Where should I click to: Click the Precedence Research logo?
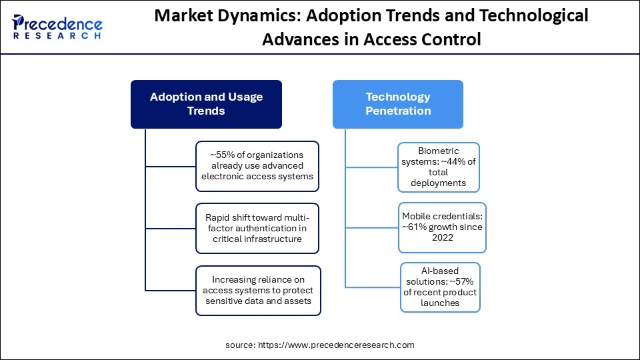tap(57, 27)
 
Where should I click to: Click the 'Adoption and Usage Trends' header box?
tap(206, 104)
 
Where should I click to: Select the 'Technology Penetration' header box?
tap(398, 104)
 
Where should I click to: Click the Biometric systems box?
tap(439, 167)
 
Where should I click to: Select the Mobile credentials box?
tap(442, 227)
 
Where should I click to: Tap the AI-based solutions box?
tap(440, 287)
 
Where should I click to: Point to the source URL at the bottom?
tap(319, 345)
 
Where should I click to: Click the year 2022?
tap(442, 238)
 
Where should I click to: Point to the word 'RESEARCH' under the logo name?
tap(57, 36)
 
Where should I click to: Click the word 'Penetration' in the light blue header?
tap(398, 111)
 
